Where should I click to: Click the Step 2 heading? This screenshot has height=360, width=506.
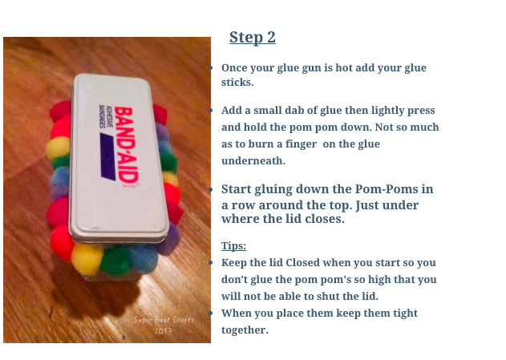(x=252, y=38)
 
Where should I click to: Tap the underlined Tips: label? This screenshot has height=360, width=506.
(x=233, y=245)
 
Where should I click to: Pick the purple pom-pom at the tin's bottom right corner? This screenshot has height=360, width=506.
(x=168, y=239)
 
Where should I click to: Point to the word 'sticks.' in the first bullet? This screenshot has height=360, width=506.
(x=237, y=83)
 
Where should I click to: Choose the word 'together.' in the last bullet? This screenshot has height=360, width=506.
(x=246, y=330)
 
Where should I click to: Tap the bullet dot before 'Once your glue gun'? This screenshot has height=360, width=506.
(x=210, y=69)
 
